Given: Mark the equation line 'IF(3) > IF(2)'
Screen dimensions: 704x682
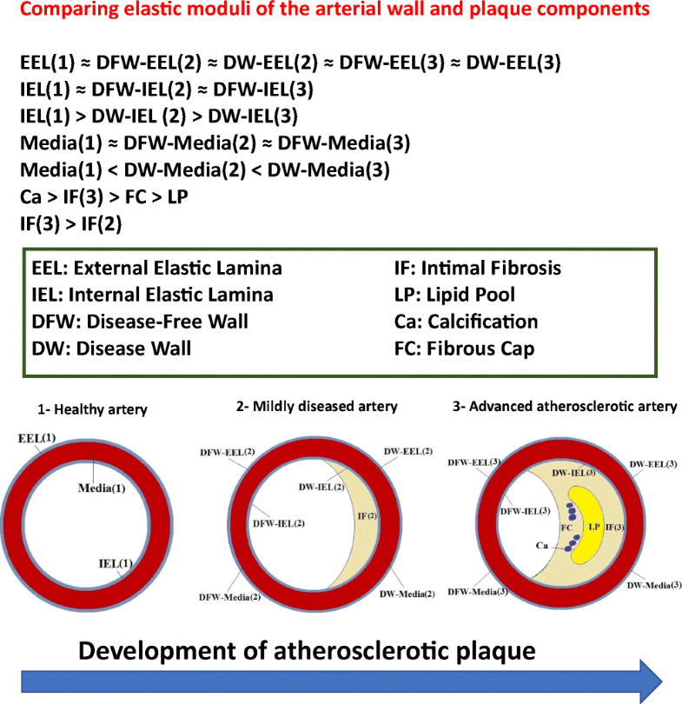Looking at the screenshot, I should (71, 224).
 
